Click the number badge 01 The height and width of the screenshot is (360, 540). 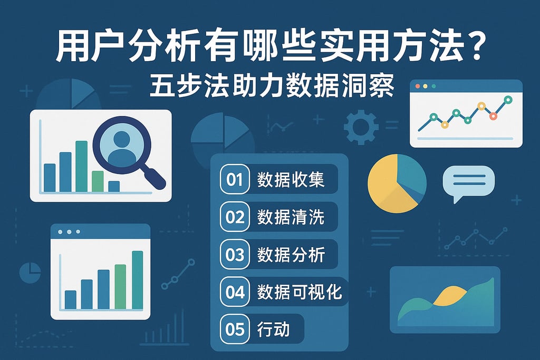[x=235, y=180]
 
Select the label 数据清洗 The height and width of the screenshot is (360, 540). [x=291, y=217]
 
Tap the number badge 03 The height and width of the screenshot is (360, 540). [x=235, y=255]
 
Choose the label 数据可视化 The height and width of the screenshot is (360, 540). [x=300, y=291]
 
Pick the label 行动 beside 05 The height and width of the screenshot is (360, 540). [x=274, y=329]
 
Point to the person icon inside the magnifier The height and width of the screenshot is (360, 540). [x=121, y=147]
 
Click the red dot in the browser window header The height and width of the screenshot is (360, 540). [x=418, y=86]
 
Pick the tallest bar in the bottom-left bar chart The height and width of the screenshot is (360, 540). [x=137, y=280]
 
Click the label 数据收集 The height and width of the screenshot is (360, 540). [x=291, y=180]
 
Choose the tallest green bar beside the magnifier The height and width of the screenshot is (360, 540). [x=81, y=166]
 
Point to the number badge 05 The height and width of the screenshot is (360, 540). [x=235, y=329]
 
